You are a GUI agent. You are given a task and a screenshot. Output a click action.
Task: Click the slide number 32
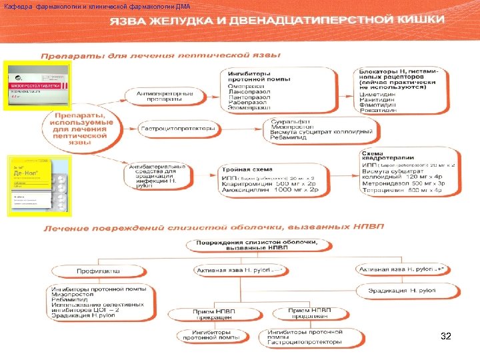pyautogui.click(x=446, y=337)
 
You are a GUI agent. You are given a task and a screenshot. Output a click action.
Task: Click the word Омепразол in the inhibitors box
pyautogui.click(x=245, y=86)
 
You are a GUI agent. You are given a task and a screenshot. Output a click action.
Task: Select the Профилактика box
pyautogui.click(x=99, y=271)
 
